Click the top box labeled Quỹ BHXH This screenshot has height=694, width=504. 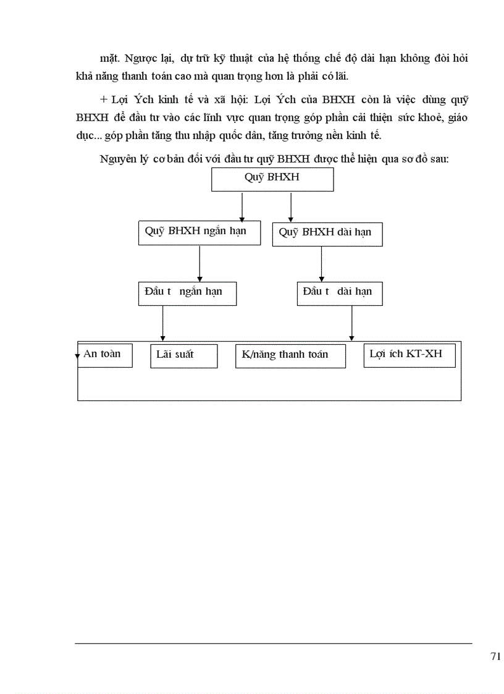click(x=272, y=179)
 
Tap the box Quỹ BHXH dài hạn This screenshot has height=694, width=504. click(x=327, y=234)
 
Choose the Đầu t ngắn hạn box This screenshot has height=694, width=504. click(x=187, y=293)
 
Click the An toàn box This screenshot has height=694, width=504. click(x=104, y=355)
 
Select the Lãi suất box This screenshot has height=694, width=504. click(x=183, y=355)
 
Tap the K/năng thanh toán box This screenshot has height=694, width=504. click(x=290, y=356)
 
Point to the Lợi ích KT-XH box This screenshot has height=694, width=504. click(x=409, y=355)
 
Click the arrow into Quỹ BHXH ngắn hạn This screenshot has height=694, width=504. click(x=242, y=206)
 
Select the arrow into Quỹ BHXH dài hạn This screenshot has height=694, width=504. click(x=290, y=206)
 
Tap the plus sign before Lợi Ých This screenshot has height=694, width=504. click(x=103, y=99)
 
